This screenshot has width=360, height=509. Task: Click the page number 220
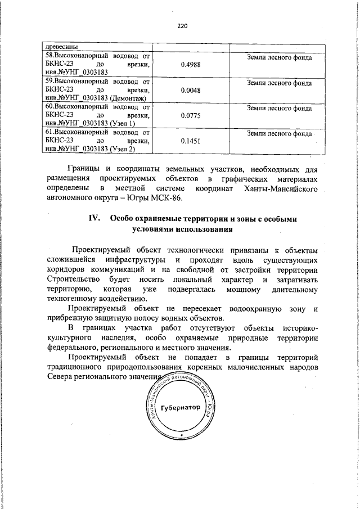(x=181, y=25)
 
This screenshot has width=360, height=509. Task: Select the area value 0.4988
(x=192, y=65)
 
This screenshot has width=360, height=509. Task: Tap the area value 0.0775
(x=192, y=116)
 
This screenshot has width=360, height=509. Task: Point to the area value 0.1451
(x=192, y=142)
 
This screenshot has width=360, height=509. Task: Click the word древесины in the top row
(x=61, y=47)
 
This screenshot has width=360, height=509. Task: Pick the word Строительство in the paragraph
(x=70, y=280)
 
